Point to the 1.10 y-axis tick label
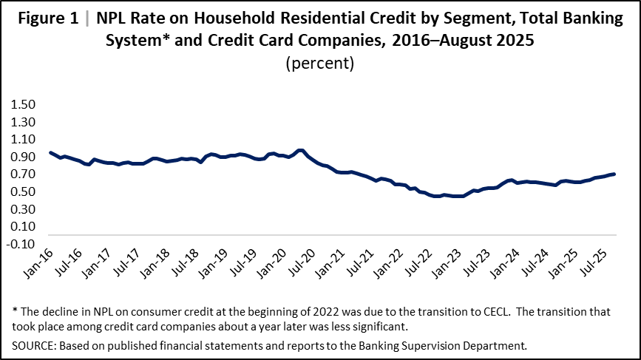pyautogui.click(x=21, y=139)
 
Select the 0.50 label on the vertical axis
pyautogui.click(x=21, y=192)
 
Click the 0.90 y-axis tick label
pyautogui.click(x=21, y=157)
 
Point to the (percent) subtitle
pyautogui.click(x=320, y=63)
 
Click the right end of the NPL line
pyautogui.click(x=614, y=174)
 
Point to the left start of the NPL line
pyautogui.click(x=50, y=152)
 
